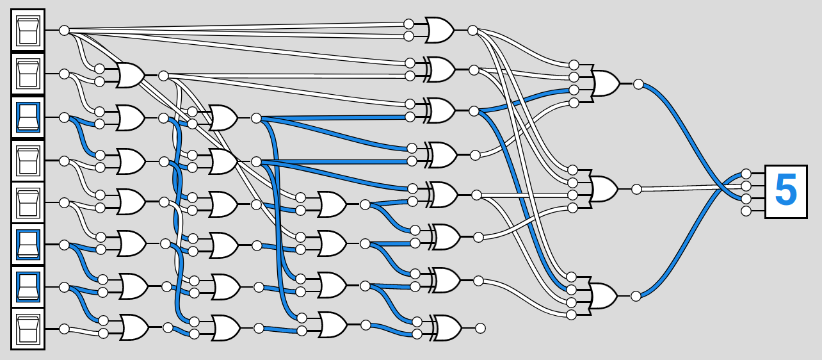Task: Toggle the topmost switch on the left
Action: (x=28, y=30)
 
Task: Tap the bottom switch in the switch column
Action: (x=28, y=329)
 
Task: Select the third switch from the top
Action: (x=28, y=117)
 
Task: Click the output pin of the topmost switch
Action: (x=64, y=30)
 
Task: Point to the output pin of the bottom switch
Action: (x=64, y=329)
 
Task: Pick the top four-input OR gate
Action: (x=604, y=84)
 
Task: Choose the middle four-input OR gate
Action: (x=604, y=189)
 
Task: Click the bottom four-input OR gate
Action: (x=604, y=296)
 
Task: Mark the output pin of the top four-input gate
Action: (x=638, y=84)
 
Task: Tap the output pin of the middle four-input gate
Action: (x=636, y=189)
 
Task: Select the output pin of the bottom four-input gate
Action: (x=636, y=296)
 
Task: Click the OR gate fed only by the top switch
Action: (x=439, y=30)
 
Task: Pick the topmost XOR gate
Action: (x=440, y=69)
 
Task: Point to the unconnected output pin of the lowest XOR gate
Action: (x=480, y=328)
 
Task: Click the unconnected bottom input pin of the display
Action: (x=746, y=211)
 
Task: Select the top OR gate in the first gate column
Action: (x=131, y=76)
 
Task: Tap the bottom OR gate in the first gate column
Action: (x=134, y=328)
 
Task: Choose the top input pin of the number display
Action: (x=746, y=174)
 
